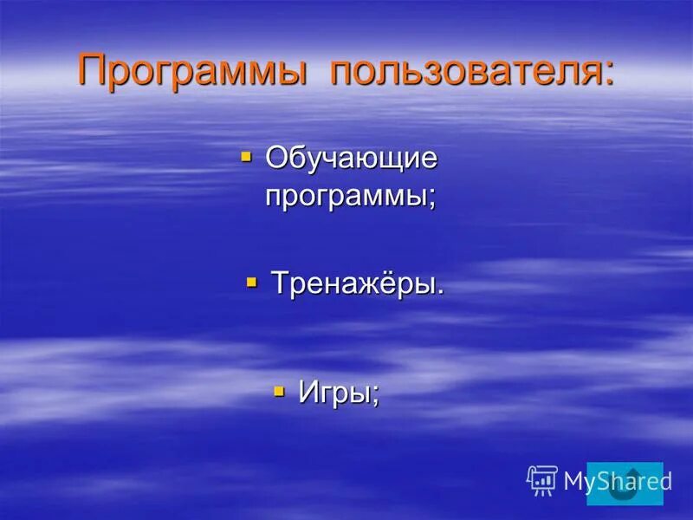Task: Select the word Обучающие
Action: coord(351,160)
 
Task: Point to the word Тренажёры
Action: coord(352,283)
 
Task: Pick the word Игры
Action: coord(334,393)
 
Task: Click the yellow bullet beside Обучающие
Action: coord(246,157)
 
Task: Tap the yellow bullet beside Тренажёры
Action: coord(252,282)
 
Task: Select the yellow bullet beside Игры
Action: coord(279,391)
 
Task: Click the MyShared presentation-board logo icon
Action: coord(542,480)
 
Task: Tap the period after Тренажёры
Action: coord(440,293)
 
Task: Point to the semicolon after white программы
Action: coord(431,199)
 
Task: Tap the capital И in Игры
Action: coord(309,393)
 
